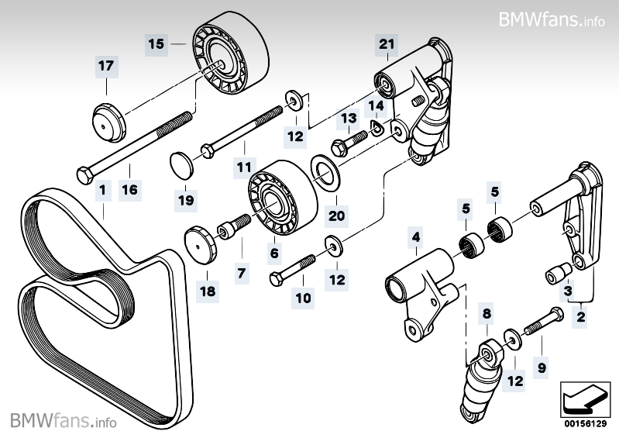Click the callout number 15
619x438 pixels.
point(156,44)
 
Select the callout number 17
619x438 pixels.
point(105,67)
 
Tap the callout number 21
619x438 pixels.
point(387,44)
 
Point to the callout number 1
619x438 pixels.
point(101,188)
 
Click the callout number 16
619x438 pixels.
point(130,188)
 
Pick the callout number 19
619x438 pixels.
point(185,200)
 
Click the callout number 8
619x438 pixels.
point(487,314)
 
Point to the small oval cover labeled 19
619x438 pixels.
point(182,165)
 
